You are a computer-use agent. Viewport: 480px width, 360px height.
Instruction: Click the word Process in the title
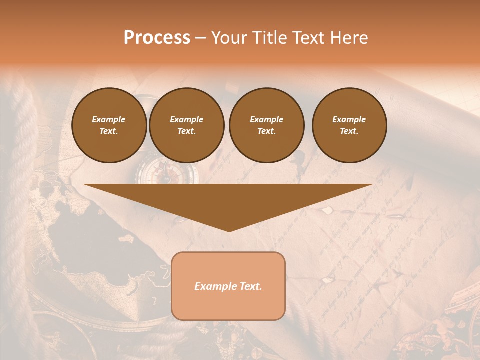(157, 38)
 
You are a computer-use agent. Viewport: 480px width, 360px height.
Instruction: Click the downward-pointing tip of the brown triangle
(229, 230)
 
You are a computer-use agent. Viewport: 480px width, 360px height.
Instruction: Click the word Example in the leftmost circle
(109, 119)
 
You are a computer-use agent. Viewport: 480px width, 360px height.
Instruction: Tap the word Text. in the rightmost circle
(349, 131)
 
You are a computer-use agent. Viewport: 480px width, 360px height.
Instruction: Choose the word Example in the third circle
(266, 119)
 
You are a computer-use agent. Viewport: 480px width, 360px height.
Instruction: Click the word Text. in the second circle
(186, 131)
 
